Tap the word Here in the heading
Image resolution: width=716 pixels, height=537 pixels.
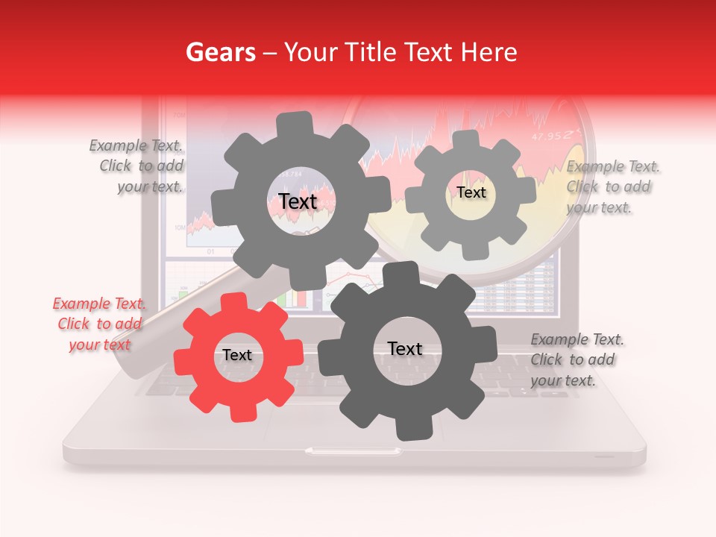click(x=489, y=52)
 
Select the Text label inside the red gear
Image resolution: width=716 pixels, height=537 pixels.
click(x=237, y=356)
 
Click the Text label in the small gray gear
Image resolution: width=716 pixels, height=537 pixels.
click(x=471, y=192)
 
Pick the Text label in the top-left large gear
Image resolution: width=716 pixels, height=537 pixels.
click(x=298, y=201)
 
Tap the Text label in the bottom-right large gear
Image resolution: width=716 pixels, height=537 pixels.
click(x=405, y=348)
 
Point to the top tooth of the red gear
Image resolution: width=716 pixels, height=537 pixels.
click(x=233, y=301)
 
